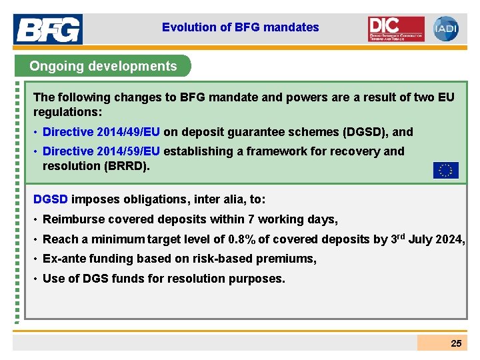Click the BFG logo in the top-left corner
(47, 29)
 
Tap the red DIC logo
(396, 29)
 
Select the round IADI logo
(445, 29)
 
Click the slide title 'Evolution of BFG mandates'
(240, 27)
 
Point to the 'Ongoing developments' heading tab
(103, 66)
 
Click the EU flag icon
(445, 170)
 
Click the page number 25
(456, 343)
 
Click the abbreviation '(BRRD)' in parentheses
(126, 165)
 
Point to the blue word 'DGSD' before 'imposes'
(51, 199)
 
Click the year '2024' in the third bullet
(449, 239)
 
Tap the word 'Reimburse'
(71, 219)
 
